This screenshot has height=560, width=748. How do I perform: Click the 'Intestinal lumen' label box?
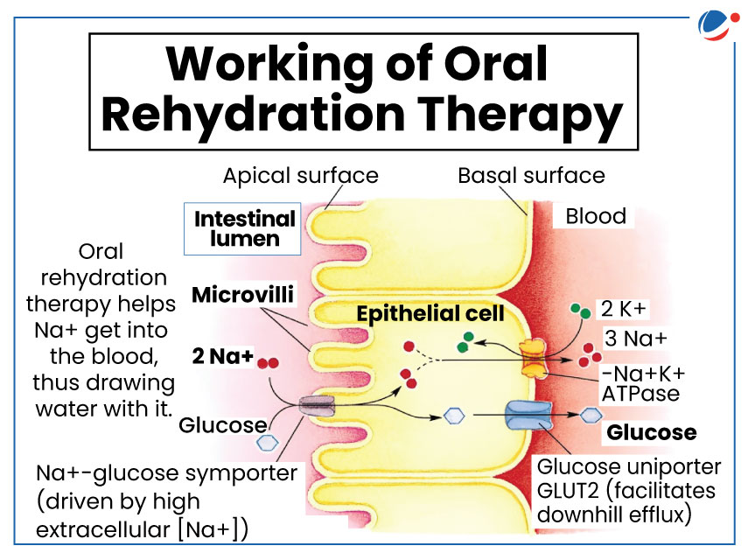(242, 228)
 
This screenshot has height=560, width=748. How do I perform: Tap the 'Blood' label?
(596, 216)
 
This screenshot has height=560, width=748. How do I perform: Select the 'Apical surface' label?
(301, 176)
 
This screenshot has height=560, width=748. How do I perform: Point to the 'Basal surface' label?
(531, 176)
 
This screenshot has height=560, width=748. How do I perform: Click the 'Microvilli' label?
(242, 294)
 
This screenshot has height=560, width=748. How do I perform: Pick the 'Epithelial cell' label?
(430, 313)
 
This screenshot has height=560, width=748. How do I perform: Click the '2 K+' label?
(623, 309)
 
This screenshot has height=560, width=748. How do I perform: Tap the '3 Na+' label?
(636, 339)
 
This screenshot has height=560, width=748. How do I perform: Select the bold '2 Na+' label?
(222, 356)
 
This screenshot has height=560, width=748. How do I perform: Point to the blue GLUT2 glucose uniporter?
(528, 416)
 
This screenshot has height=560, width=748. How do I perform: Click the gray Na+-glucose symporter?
(317, 406)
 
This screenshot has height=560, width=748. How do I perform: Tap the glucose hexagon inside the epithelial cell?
(454, 416)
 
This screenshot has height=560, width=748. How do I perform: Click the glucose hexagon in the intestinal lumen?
(267, 442)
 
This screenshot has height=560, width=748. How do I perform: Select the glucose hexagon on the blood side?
(591, 415)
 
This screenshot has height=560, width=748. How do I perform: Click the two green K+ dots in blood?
(581, 311)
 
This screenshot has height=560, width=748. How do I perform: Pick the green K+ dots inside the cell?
(465, 342)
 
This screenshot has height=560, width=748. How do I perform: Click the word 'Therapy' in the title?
(521, 115)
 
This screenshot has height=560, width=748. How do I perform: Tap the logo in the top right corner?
(718, 25)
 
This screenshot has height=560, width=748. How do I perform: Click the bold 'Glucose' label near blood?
(652, 432)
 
